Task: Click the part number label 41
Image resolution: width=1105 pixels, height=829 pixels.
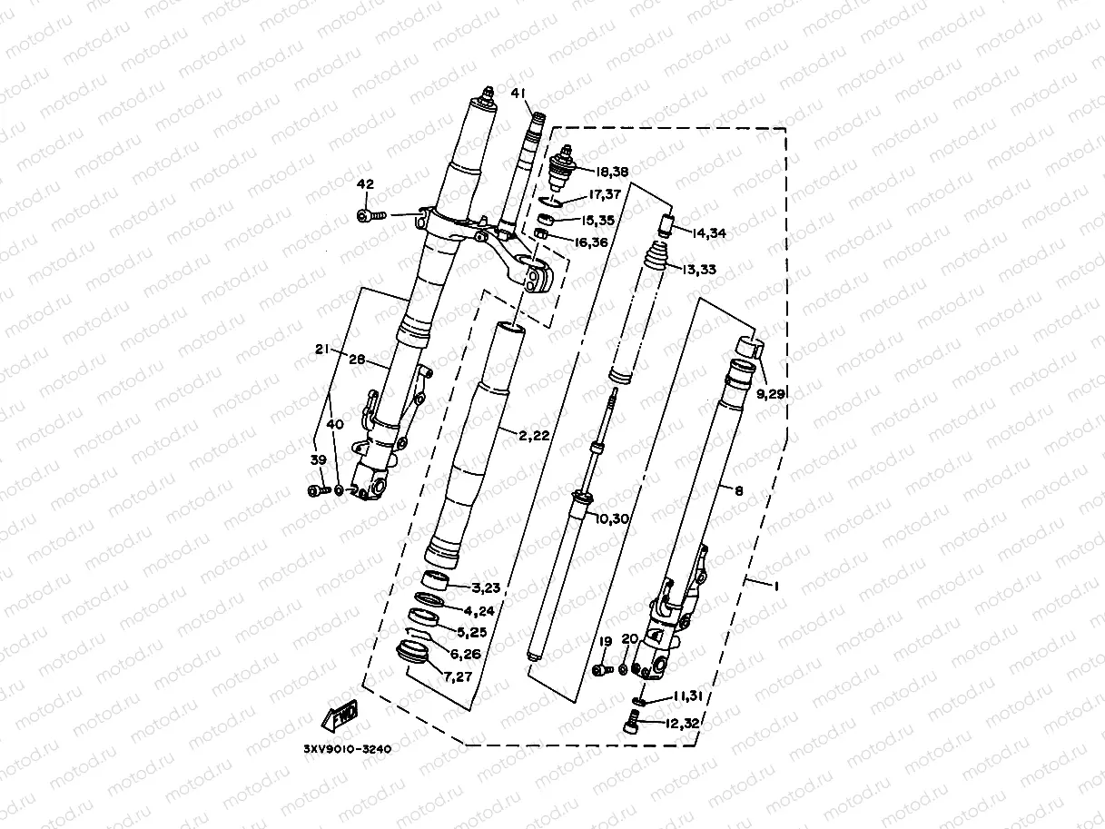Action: click(x=518, y=94)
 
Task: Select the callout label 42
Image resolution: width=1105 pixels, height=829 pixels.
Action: click(x=365, y=184)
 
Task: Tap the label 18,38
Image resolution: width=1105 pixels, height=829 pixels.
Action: click(x=612, y=172)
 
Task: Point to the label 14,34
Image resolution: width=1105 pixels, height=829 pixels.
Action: click(x=711, y=232)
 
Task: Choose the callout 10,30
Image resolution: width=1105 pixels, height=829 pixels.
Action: click(x=613, y=518)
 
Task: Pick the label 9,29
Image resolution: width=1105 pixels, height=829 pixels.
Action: click(x=771, y=394)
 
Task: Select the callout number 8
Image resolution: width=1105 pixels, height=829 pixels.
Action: click(x=738, y=490)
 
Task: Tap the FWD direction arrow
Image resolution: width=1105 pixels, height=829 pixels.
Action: click(x=340, y=715)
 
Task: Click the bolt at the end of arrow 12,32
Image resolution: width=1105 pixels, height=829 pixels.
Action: click(x=633, y=723)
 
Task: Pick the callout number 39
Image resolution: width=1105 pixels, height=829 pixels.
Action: click(x=318, y=460)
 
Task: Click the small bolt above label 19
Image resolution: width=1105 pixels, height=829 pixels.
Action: click(x=600, y=670)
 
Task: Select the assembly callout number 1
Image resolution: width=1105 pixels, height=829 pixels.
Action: click(x=775, y=587)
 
